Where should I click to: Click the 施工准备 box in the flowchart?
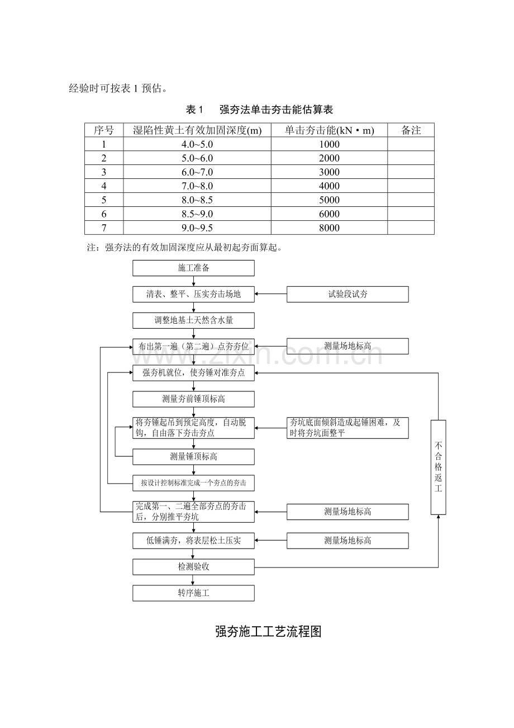[x=193, y=268]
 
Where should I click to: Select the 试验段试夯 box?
[x=348, y=295]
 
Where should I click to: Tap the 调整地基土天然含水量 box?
[x=193, y=321]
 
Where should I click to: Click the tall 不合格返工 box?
[x=438, y=467]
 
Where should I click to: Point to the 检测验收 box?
[x=193, y=567]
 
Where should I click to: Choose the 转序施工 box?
[x=193, y=593]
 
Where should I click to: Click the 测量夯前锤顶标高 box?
[x=193, y=399]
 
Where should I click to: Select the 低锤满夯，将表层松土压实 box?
[x=193, y=541]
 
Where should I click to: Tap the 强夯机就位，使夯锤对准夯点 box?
[x=193, y=373]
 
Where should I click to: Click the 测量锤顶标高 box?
[x=193, y=457]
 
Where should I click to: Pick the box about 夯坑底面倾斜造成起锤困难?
[x=348, y=428]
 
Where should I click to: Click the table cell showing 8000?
[x=330, y=228]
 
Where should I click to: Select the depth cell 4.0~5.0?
[x=197, y=144]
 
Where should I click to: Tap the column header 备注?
[x=411, y=130]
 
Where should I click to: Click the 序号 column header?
[x=104, y=130]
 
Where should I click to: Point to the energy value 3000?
[x=330, y=172]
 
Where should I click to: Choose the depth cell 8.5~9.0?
[x=197, y=214]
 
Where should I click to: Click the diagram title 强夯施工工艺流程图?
[x=268, y=632]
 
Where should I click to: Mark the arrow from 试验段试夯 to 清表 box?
[x=271, y=295]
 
